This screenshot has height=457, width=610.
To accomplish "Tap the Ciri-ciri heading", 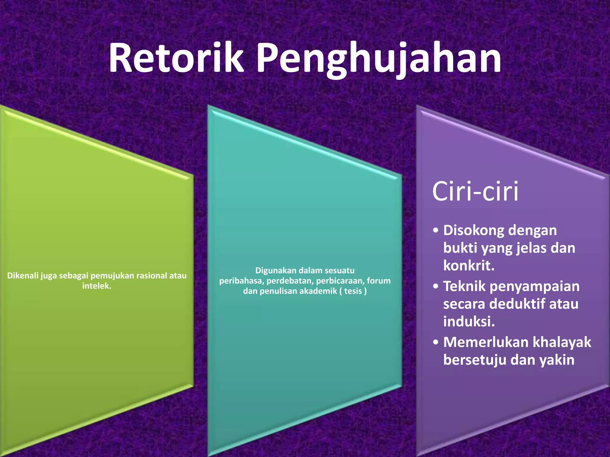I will pos(475,191).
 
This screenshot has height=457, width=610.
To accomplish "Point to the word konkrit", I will pos(469,266).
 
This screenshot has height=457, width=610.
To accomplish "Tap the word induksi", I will pos(469,322).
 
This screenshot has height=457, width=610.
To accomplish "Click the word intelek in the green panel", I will pos(96,286).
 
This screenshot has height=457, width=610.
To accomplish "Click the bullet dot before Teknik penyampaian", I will pos(436,286).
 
